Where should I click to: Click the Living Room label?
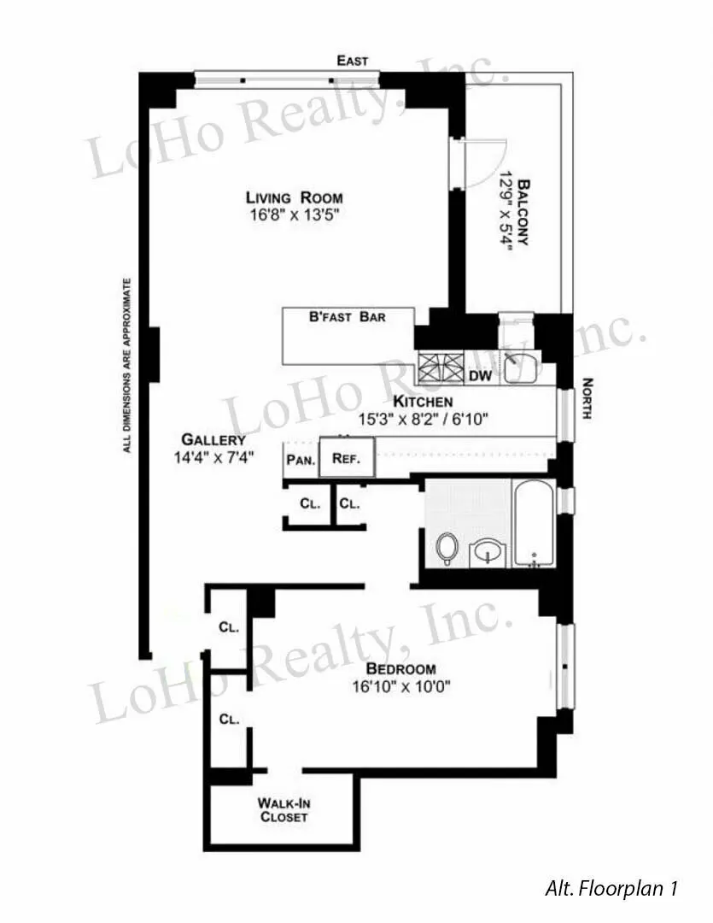pyautogui.click(x=295, y=197)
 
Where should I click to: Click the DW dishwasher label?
pyautogui.click(x=479, y=375)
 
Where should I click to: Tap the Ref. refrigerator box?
pyautogui.click(x=345, y=458)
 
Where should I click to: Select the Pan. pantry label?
pyautogui.click(x=298, y=459)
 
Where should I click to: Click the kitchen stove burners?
pyautogui.click(x=439, y=369)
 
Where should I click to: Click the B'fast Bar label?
pyautogui.click(x=348, y=317)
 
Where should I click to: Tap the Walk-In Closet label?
pyautogui.click(x=283, y=810)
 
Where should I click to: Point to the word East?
pyautogui.click(x=353, y=61)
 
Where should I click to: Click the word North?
pyautogui.click(x=587, y=398)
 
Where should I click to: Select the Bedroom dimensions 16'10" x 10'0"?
pyautogui.click(x=400, y=685)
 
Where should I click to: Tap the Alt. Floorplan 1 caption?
pyautogui.click(x=611, y=889)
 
